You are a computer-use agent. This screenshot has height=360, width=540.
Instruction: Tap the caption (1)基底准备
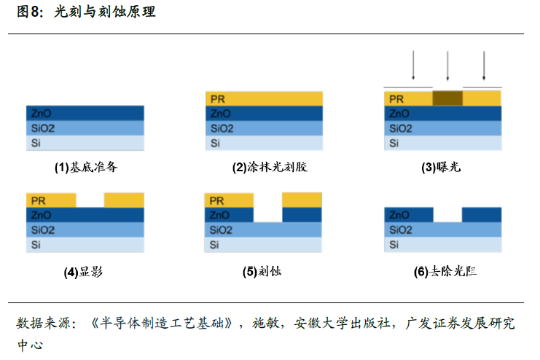(x=86, y=167)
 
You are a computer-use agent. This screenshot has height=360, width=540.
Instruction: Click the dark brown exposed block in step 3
(x=447, y=98)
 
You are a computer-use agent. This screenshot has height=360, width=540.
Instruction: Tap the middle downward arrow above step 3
(x=447, y=66)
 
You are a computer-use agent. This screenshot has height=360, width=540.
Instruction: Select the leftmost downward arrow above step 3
(x=413, y=66)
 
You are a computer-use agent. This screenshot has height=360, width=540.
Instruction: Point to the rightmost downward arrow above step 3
(x=483, y=66)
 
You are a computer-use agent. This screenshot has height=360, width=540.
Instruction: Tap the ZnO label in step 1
(x=41, y=114)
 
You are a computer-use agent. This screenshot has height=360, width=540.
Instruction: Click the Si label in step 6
(x=394, y=244)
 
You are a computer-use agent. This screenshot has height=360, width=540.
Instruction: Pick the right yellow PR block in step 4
(x=124, y=200)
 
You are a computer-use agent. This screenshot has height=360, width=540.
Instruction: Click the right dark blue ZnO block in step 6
(x=482, y=215)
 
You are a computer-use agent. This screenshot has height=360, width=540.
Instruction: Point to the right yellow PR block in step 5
(x=302, y=200)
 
